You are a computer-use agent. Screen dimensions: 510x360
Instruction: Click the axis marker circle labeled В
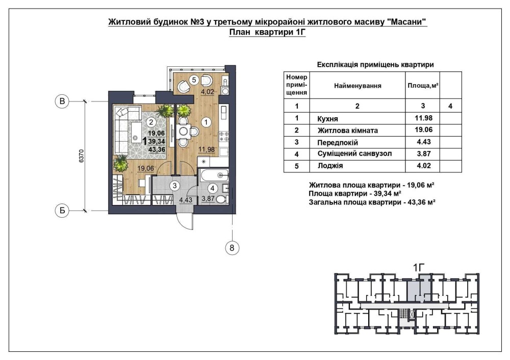tap(62, 101)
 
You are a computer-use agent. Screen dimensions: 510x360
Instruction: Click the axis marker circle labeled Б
tap(62, 211)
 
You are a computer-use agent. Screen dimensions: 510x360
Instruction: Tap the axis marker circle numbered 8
tap(232, 248)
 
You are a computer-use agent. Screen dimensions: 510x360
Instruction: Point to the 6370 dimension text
tap(81, 156)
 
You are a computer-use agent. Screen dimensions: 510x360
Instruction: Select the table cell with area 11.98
tap(423, 118)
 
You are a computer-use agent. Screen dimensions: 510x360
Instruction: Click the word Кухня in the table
tap(327, 119)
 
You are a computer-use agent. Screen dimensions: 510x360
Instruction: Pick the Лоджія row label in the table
tap(330, 166)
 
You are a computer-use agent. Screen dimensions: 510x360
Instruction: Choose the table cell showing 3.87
tap(423, 154)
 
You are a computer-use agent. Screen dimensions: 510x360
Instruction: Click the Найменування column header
tap(358, 86)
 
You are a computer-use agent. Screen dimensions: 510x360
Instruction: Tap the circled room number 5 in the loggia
tap(194, 80)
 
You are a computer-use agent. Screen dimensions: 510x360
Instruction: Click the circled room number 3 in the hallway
tap(174, 186)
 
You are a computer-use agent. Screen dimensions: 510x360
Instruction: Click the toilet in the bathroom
tap(222, 199)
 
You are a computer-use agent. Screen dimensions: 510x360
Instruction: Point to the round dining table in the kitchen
tap(184, 132)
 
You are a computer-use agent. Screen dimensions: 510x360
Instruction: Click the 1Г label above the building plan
tap(419, 268)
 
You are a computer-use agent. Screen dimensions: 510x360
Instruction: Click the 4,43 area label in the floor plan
tap(186, 200)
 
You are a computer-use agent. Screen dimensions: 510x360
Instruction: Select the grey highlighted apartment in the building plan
tap(419, 288)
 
